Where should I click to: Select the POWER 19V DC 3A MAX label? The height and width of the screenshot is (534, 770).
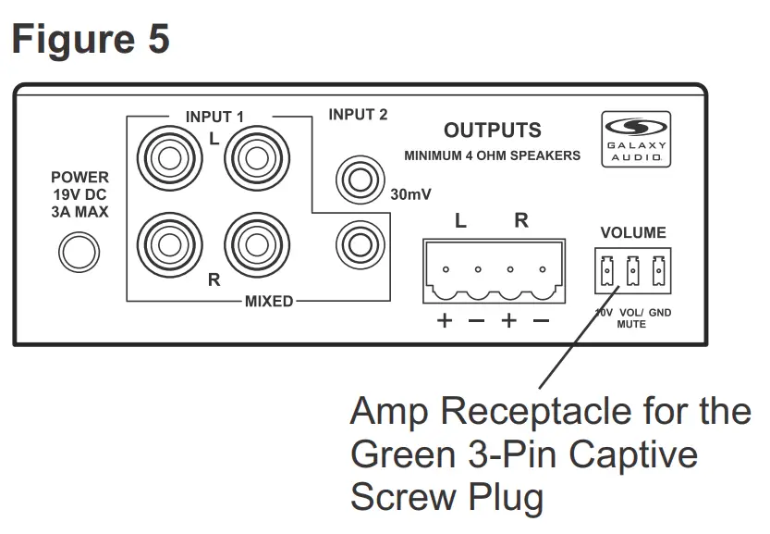[79, 194]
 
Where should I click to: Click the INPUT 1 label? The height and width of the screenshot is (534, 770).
[214, 117]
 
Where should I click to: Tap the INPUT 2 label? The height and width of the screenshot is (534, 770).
[358, 115]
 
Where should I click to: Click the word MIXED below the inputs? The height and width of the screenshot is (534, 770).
[269, 301]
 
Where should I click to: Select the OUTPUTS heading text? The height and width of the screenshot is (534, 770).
[493, 130]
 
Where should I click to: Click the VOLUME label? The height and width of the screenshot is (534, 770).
[633, 232]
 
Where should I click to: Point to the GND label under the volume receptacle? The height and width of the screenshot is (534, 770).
[660, 314]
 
